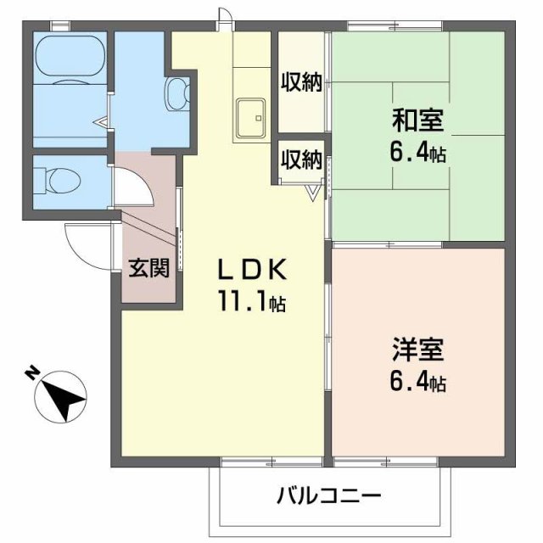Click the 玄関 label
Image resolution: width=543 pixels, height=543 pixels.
tap(148, 268)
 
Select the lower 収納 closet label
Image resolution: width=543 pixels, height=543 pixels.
tap(300, 159)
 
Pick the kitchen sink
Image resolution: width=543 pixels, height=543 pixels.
tap(249, 116)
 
